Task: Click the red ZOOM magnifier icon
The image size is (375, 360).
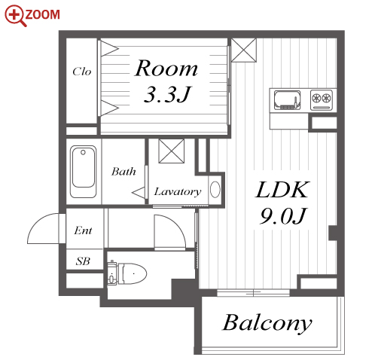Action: (x=15, y=16)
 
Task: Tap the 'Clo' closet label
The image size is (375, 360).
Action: (x=82, y=72)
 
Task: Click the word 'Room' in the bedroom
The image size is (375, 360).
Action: (x=166, y=68)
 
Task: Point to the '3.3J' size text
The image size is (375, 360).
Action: (x=168, y=94)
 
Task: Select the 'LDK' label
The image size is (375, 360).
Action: (x=282, y=190)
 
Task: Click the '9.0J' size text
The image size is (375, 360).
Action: (x=283, y=215)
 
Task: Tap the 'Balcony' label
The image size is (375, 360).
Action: (x=267, y=323)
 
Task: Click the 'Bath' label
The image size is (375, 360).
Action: (x=123, y=172)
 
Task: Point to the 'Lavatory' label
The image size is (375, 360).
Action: (x=178, y=192)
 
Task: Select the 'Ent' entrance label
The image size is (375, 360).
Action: (x=83, y=230)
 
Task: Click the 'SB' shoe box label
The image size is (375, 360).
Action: (x=83, y=261)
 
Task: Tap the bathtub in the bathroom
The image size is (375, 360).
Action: (x=84, y=172)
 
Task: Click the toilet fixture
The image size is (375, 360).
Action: (x=127, y=273)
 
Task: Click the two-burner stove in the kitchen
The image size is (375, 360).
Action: (x=322, y=100)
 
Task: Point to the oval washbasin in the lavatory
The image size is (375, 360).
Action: (x=215, y=189)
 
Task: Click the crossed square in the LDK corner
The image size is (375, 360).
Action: (x=244, y=50)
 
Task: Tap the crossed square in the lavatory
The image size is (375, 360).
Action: (x=172, y=151)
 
